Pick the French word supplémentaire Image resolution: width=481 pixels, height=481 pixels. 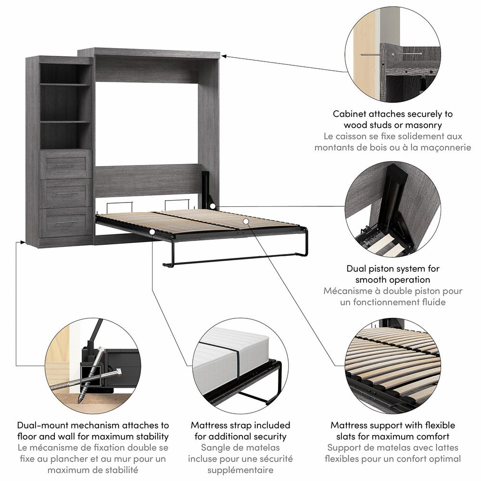(x=240, y=470)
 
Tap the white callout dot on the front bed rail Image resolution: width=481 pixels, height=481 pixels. (x=152, y=232)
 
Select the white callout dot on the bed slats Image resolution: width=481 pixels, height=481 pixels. (x=246, y=221)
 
